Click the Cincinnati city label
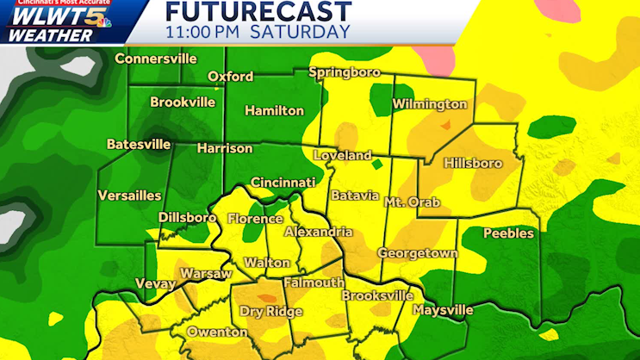point(283,183)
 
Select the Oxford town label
point(229,77)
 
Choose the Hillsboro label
point(472,163)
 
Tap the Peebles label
point(508,233)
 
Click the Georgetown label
point(418,253)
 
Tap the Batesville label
point(139,144)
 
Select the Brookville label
point(183,102)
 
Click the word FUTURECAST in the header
point(258,11)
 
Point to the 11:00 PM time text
point(204,32)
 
